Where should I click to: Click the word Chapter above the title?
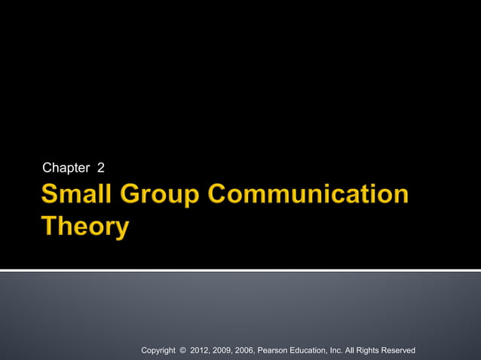(x=66, y=167)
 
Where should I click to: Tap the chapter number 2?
(x=100, y=167)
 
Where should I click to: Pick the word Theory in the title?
(x=84, y=227)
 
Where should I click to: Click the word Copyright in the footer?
(x=158, y=350)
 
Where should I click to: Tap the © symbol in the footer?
(x=182, y=350)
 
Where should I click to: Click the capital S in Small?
(x=50, y=194)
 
